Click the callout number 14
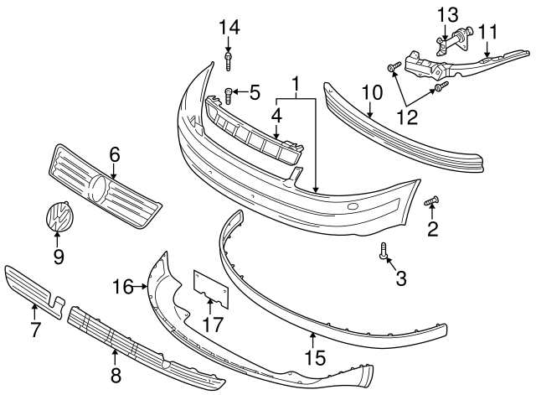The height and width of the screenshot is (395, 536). click(229, 27)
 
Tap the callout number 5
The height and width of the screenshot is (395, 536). click(255, 91)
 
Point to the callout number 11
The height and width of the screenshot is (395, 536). click(488, 32)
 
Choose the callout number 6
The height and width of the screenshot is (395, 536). click(115, 154)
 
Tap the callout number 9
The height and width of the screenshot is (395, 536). click(59, 256)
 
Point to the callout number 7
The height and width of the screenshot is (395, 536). click(35, 330)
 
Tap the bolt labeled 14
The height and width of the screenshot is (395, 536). click(229, 60)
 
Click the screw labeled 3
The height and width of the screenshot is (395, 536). click(384, 251)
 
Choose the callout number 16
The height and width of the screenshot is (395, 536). click(123, 287)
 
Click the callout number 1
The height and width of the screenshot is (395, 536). click(296, 85)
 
